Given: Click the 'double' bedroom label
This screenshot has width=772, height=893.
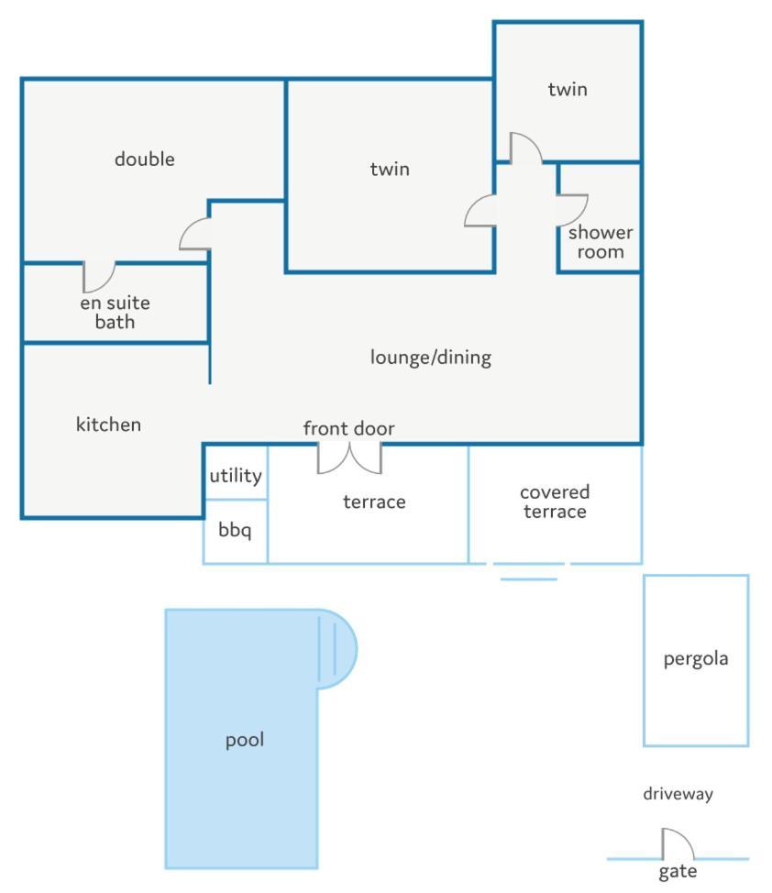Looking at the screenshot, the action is [145, 159].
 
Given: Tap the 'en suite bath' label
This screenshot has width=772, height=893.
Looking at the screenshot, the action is [116, 312].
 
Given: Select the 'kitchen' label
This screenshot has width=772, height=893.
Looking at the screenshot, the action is [108, 424].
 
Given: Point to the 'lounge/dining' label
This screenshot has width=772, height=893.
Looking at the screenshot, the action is [431, 357].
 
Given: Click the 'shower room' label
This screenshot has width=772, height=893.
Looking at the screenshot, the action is [601, 242].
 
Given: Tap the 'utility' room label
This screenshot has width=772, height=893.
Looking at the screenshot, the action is [236, 476].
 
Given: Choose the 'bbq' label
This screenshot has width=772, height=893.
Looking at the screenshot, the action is [235, 530].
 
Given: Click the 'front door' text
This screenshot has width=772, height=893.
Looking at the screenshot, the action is [348, 428].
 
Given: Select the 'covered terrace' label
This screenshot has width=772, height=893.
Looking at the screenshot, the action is [555, 502].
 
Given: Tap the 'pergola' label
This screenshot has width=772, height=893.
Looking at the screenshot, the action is [696, 659].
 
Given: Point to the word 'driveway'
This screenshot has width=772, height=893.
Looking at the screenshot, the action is [678, 794].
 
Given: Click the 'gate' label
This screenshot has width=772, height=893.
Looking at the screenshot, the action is [678, 872].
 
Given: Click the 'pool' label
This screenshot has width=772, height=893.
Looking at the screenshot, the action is [245, 741].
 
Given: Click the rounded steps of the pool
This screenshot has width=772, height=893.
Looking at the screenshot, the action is [336, 649].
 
